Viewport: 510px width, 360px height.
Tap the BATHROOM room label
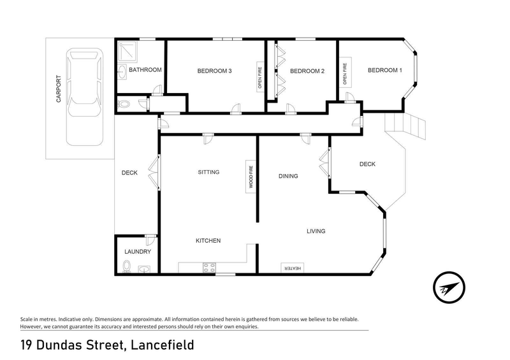tap(145, 70)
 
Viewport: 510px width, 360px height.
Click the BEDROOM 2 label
tap(307, 71)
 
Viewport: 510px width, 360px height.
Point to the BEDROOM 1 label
tap(385, 70)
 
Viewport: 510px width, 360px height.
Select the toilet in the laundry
tap(126, 266)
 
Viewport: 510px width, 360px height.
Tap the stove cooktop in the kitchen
tap(209, 267)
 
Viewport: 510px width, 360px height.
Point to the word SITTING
tap(208, 172)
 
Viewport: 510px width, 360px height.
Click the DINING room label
tap(288, 176)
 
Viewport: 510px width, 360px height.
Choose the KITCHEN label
tap(208, 240)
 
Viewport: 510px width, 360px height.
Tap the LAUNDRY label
tap(137, 252)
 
